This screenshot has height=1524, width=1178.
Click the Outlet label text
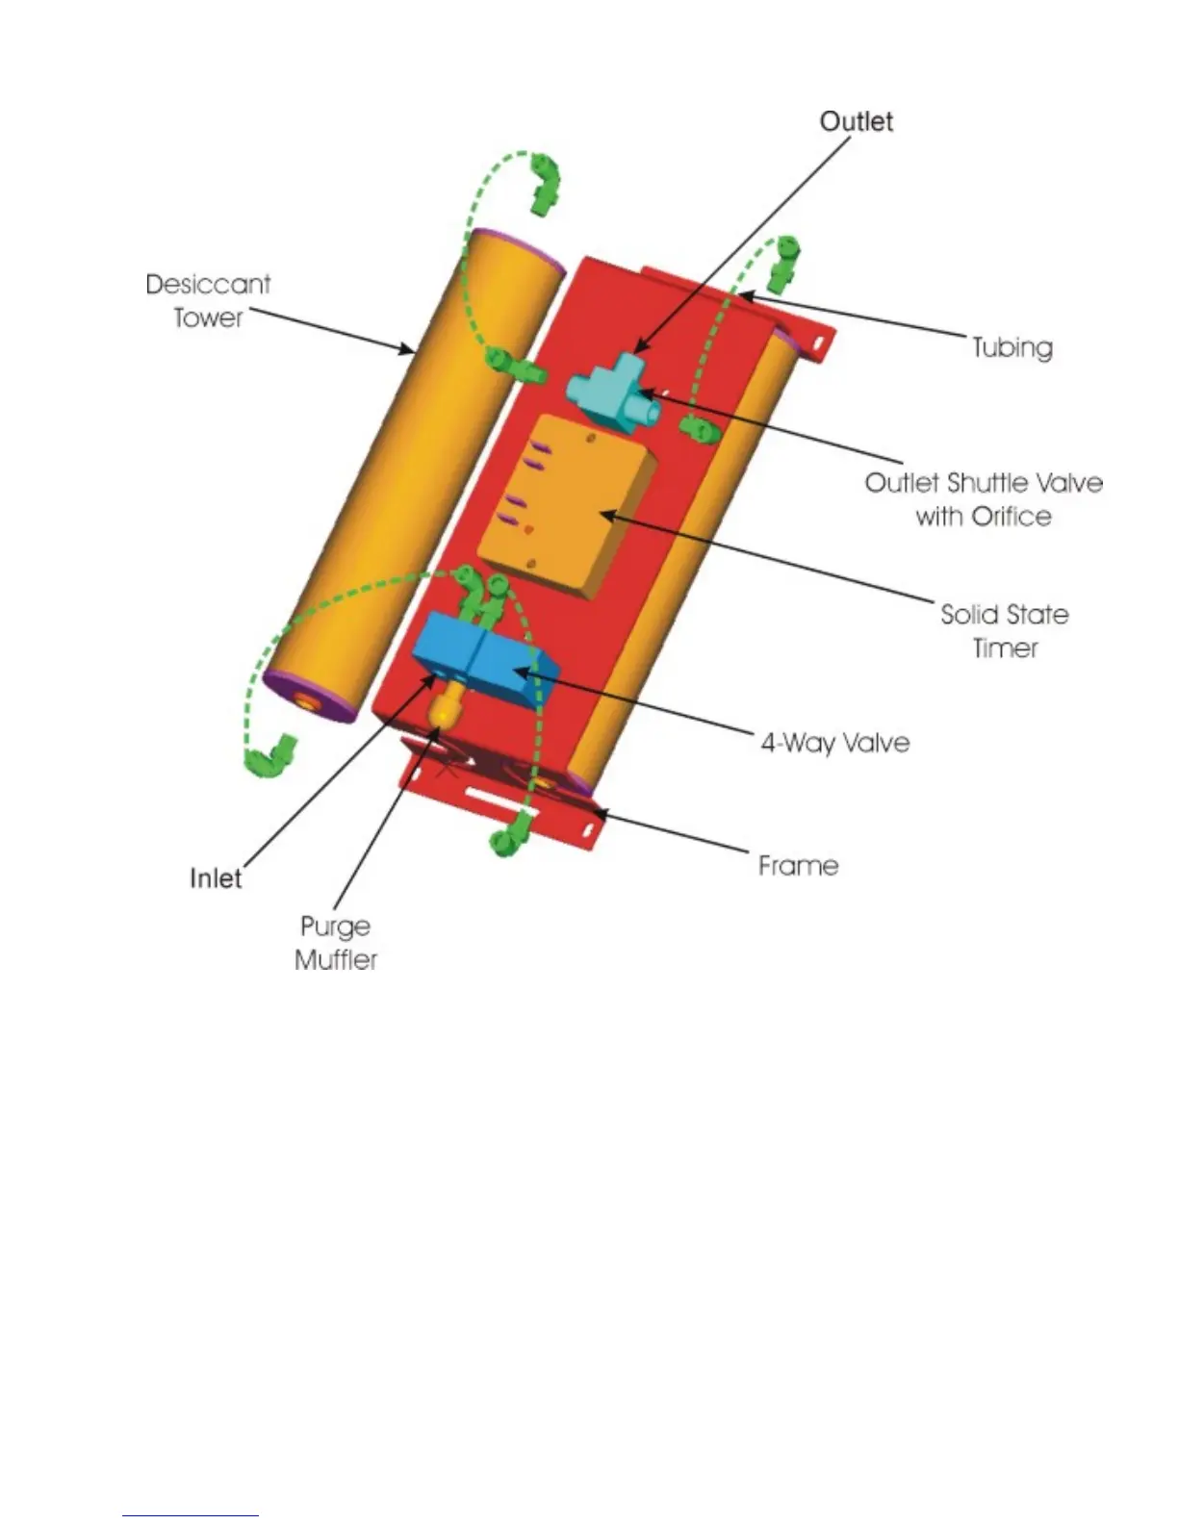point(856,121)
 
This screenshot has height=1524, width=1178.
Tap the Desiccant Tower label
point(208,300)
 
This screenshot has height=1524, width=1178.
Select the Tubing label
point(1012,346)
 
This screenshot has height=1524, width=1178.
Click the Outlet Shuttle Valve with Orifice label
point(983,498)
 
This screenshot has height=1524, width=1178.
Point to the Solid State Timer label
point(1004,630)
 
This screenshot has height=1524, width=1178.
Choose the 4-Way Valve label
point(834,742)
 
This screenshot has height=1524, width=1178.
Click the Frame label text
point(798,865)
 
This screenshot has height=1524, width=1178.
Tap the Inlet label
point(216,877)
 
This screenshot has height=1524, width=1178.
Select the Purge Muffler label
point(336,942)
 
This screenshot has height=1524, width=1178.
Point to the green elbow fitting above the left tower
point(543,182)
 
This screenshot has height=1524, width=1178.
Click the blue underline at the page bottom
point(191,1515)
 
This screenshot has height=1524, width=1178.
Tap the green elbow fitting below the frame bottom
point(511,834)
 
